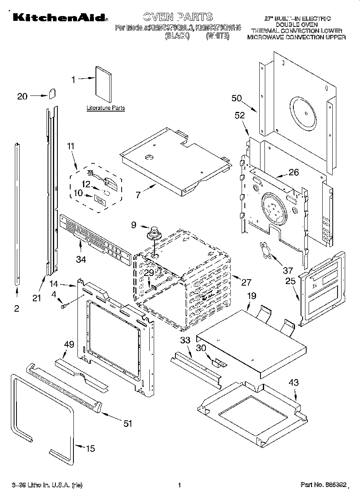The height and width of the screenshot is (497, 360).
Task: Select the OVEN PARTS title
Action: pos(178,16)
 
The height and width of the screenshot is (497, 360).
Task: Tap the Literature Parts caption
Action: pos(106,108)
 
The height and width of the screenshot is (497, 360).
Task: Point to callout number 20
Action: pos(22,96)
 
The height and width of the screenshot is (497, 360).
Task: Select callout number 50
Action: pos(236,98)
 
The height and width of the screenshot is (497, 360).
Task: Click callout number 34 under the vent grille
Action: pos(81,260)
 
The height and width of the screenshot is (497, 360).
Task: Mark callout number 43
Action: pos(293,383)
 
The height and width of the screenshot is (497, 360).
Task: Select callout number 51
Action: pos(127,424)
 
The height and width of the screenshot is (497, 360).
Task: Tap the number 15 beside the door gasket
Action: pos(91,448)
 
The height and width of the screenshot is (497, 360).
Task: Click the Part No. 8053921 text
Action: pos(323,485)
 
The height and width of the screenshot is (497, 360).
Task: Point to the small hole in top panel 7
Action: pos(150,157)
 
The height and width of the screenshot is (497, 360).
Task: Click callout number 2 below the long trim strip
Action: pos(16,308)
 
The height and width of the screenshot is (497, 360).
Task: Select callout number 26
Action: pos(294,173)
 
